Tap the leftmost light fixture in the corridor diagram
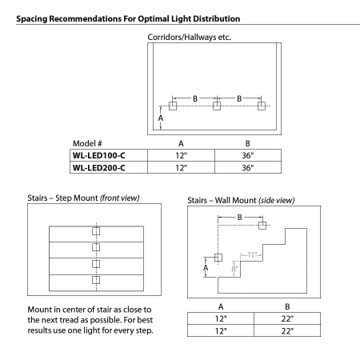(172, 106)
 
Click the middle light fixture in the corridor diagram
(216, 106)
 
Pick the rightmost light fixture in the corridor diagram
(261, 106)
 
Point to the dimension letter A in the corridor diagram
(160, 118)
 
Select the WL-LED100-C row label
(101, 154)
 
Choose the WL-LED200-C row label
(101, 167)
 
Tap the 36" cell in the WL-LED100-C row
(247, 154)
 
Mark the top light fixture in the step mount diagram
(96, 231)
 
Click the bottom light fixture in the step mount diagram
(96, 280)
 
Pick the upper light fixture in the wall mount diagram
(262, 225)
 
